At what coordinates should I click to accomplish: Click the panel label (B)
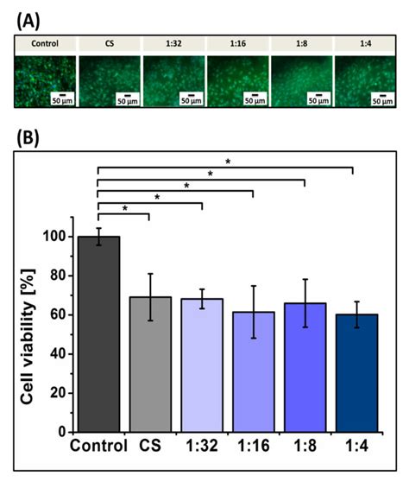pyautogui.click(x=24, y=136)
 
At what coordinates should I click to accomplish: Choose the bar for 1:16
pyautogui.click(x=252, y=371)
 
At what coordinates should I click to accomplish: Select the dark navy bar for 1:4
pyautogui.click(x=354, y=372)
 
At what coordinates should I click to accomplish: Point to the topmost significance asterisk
pyautogui.click(x=227, y=162)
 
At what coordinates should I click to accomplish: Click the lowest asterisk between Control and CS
pyautogui.click(x=124, y=208)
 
